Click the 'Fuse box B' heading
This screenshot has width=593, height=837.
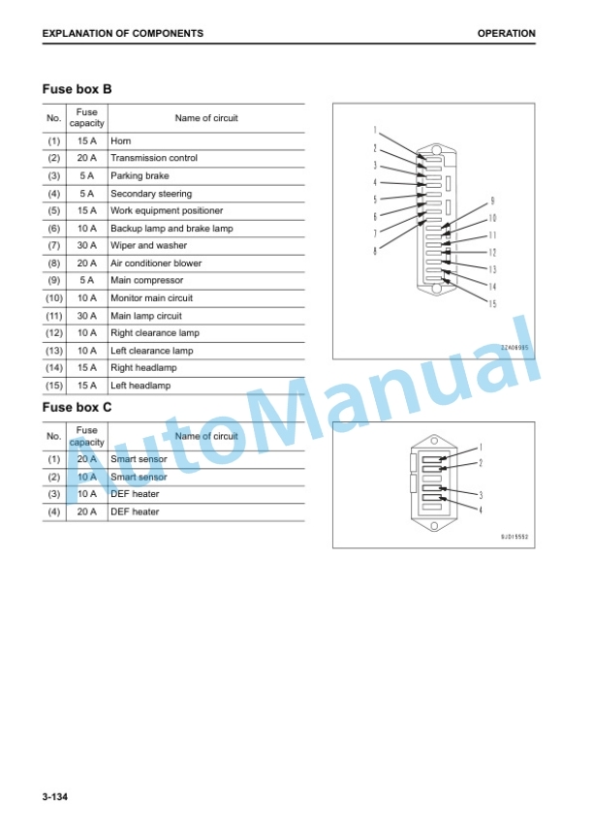[77, 89]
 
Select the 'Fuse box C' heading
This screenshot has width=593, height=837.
[77, 407]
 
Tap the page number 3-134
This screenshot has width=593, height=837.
[55, 797]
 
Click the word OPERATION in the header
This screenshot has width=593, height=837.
[506, 33]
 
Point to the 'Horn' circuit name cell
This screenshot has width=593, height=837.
[120, 140]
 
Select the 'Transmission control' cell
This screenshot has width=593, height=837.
[154, 158]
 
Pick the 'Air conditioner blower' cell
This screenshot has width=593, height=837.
[156, 263]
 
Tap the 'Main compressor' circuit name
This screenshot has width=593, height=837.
[146, 280]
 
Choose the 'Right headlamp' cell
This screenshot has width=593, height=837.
[143, 368]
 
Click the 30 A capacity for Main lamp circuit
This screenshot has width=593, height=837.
[87, 316]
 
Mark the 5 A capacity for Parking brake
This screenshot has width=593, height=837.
[87, 175]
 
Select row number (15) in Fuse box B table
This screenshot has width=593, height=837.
[54, 386]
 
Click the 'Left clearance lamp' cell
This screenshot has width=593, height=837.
[151, 351]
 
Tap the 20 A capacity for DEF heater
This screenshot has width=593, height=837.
[87, 511]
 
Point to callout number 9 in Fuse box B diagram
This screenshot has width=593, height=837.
[492, 201]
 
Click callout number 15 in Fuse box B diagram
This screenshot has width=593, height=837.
[492, 304]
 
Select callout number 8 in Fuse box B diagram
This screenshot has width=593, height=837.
[375, 250]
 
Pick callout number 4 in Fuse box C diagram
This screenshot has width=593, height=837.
[481, 511]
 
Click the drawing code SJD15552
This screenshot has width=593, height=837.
[515, 537]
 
